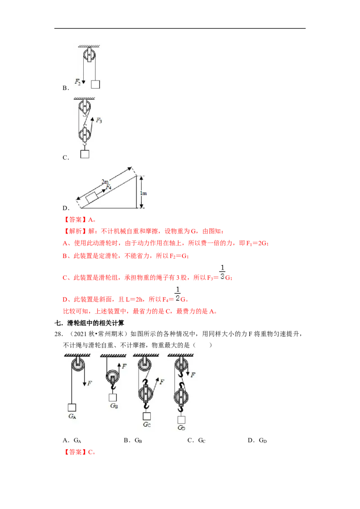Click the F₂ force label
pos(77,81)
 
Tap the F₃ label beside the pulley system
pos(99,121)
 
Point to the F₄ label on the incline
pos(108,187)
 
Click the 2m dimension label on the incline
pos(105,182)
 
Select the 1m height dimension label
pos(143,193)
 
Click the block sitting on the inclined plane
pos(92,197)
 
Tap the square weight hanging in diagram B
pos(95,85)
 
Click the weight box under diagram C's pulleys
pos(85,154)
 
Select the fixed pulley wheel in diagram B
pos(89,55)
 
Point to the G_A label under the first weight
pos(72,416)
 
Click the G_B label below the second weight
pos(114,406)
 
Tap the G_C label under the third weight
pos(147,424)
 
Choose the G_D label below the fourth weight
pos(181,428)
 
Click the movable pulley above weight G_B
pos(112,376)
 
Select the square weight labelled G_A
pos(72,407)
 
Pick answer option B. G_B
pos(133,441)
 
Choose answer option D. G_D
pos(257,441)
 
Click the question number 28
pos(58,334)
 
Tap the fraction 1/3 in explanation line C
pos(222,272)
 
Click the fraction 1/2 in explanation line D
pos(177,294)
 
